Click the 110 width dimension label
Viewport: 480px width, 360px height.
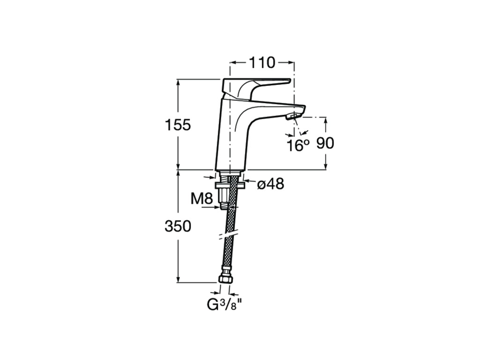tap(262, 63)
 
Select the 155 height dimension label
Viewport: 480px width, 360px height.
tap(178, 125)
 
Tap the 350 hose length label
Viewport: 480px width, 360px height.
tap(178, 227)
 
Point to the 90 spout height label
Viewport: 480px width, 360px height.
tap(325, 143)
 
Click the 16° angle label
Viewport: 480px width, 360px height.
tap(298, 145)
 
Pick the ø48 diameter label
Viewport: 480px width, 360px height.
tap(271, 184)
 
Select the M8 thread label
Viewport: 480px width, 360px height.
tap(202, 199)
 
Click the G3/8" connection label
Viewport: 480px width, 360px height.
tap(225, 305)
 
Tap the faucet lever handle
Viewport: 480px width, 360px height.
tap(256, 88)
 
